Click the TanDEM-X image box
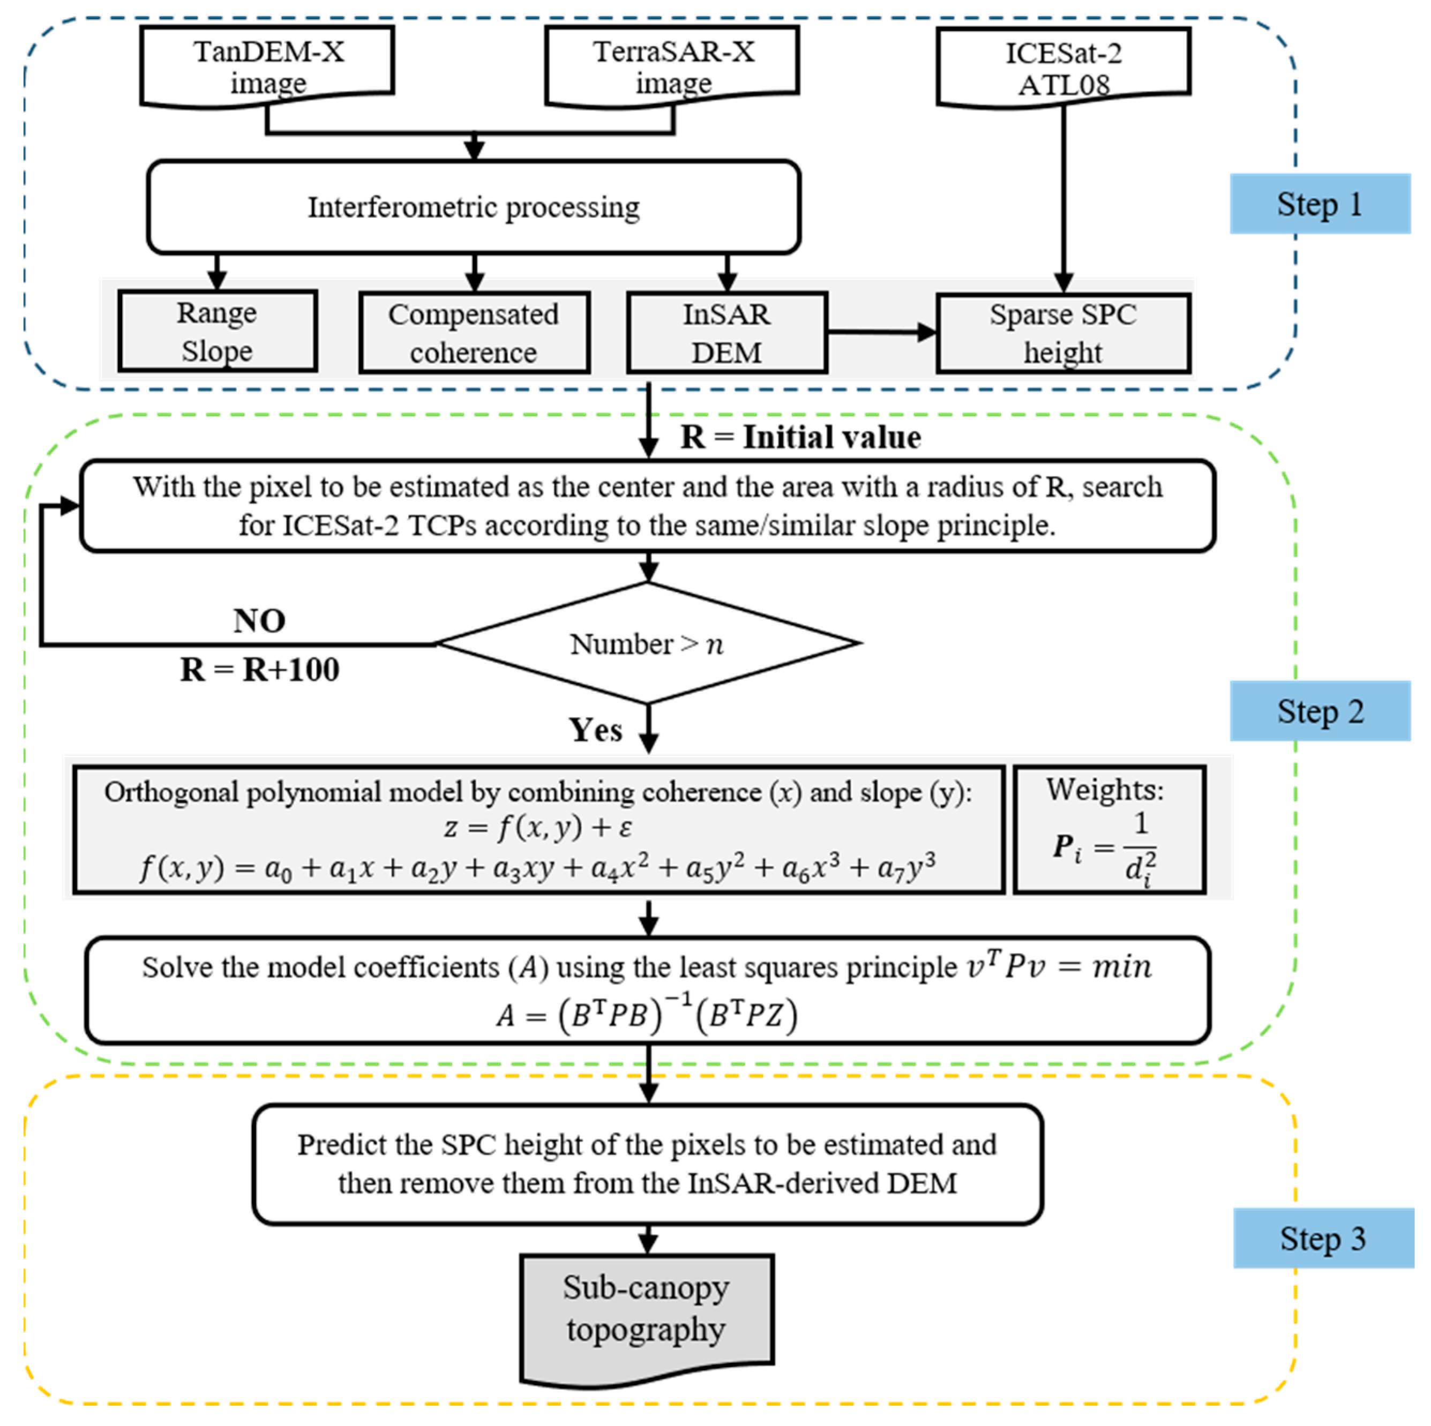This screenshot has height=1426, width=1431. click(267, 66)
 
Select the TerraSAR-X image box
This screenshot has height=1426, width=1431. click(672, 66)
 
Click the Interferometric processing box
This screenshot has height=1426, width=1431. click(474, 207)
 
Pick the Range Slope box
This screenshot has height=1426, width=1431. click(218, 331)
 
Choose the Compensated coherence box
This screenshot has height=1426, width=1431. click(474, 333)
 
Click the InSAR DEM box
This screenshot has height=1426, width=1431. click(726, 333)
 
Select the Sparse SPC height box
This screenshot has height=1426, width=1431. click(1063, 333)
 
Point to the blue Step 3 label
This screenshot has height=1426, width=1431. click(1323, 1239)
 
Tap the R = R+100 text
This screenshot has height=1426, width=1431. click(260, 670)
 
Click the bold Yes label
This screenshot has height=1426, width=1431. click(596, 730)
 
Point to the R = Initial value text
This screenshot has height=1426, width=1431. click(800, 437)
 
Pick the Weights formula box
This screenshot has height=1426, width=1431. click(1109, 830)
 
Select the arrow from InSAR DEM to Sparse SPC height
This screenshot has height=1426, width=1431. click(881, 333)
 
